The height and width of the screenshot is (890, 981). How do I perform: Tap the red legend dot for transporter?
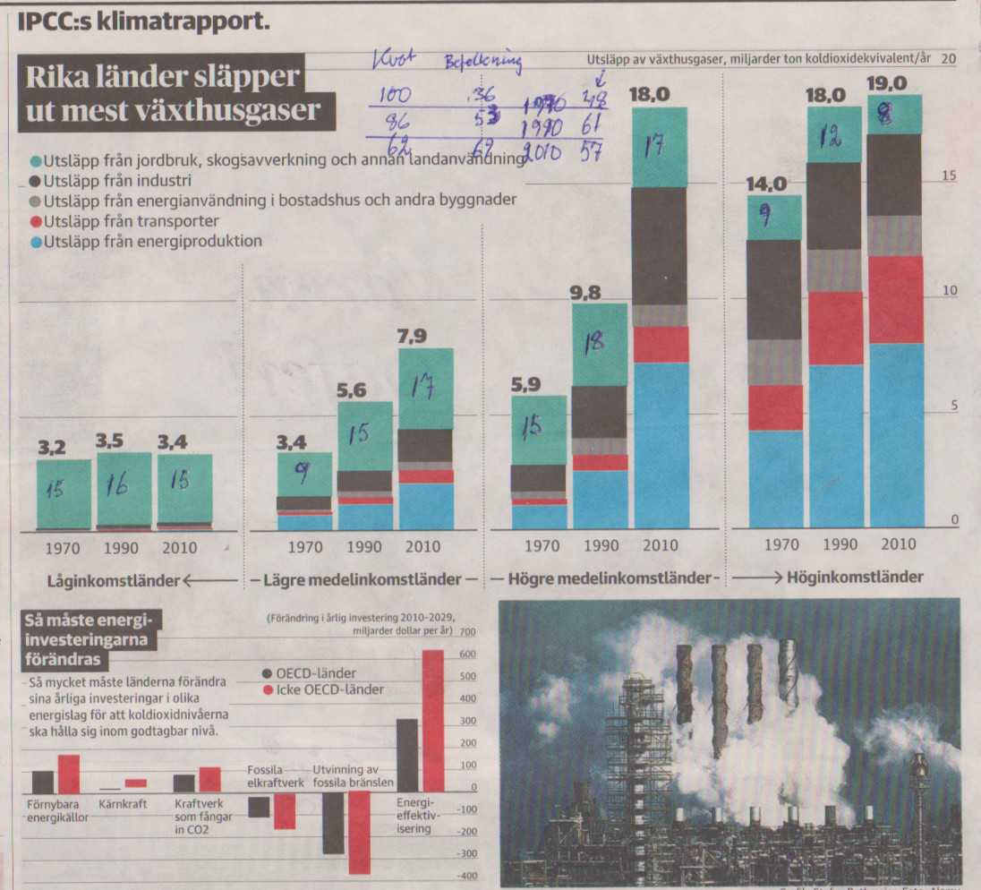click(x=35, y=221)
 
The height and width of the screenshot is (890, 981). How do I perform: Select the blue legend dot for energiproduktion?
click(x=35, y=242)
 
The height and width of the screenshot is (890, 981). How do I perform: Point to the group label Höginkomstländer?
click(x=854, y=578)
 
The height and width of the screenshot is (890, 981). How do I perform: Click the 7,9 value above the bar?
click(x=425, y=336)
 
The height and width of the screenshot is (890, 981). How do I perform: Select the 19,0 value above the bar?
click(x=887, y=83)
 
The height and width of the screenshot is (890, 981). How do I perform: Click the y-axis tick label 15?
click(x=950, y=176)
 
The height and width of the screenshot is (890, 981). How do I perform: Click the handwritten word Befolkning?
click(x=483, y=62)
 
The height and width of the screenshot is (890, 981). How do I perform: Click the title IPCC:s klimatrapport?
click(x=143, y=19)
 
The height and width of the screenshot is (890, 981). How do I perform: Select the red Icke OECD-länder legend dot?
click(x=267, y=689)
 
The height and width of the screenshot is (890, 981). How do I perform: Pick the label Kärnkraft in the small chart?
click(x=123, y=803)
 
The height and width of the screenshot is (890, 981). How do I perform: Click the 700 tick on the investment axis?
click(x=469, y=633)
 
